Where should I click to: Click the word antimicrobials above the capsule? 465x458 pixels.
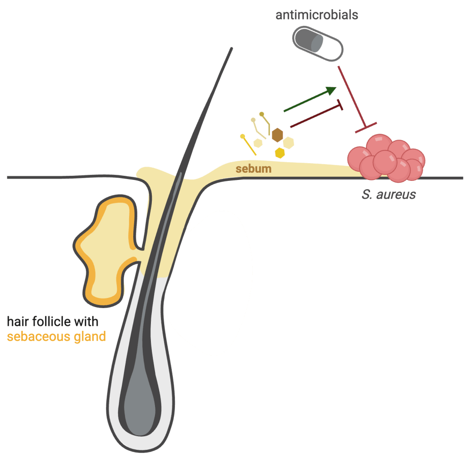point(317,15)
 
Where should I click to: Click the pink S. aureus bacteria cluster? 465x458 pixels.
point(387,157)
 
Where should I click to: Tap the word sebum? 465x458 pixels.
point(254,169)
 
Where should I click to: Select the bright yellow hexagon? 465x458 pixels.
point(280,153)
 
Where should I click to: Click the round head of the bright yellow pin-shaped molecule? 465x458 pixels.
point(243,135)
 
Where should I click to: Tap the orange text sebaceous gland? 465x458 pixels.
point(56,337)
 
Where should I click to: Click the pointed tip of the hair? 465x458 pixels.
point(231,49)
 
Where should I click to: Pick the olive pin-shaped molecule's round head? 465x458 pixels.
point(262,114)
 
